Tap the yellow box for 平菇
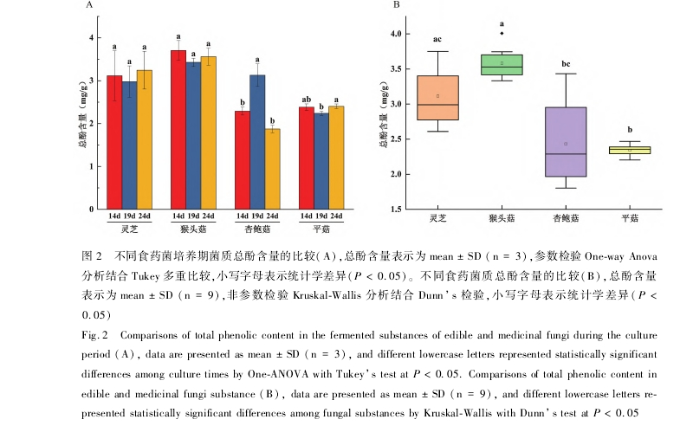624,150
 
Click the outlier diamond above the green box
502,34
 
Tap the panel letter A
88,6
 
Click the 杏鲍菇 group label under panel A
257,229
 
